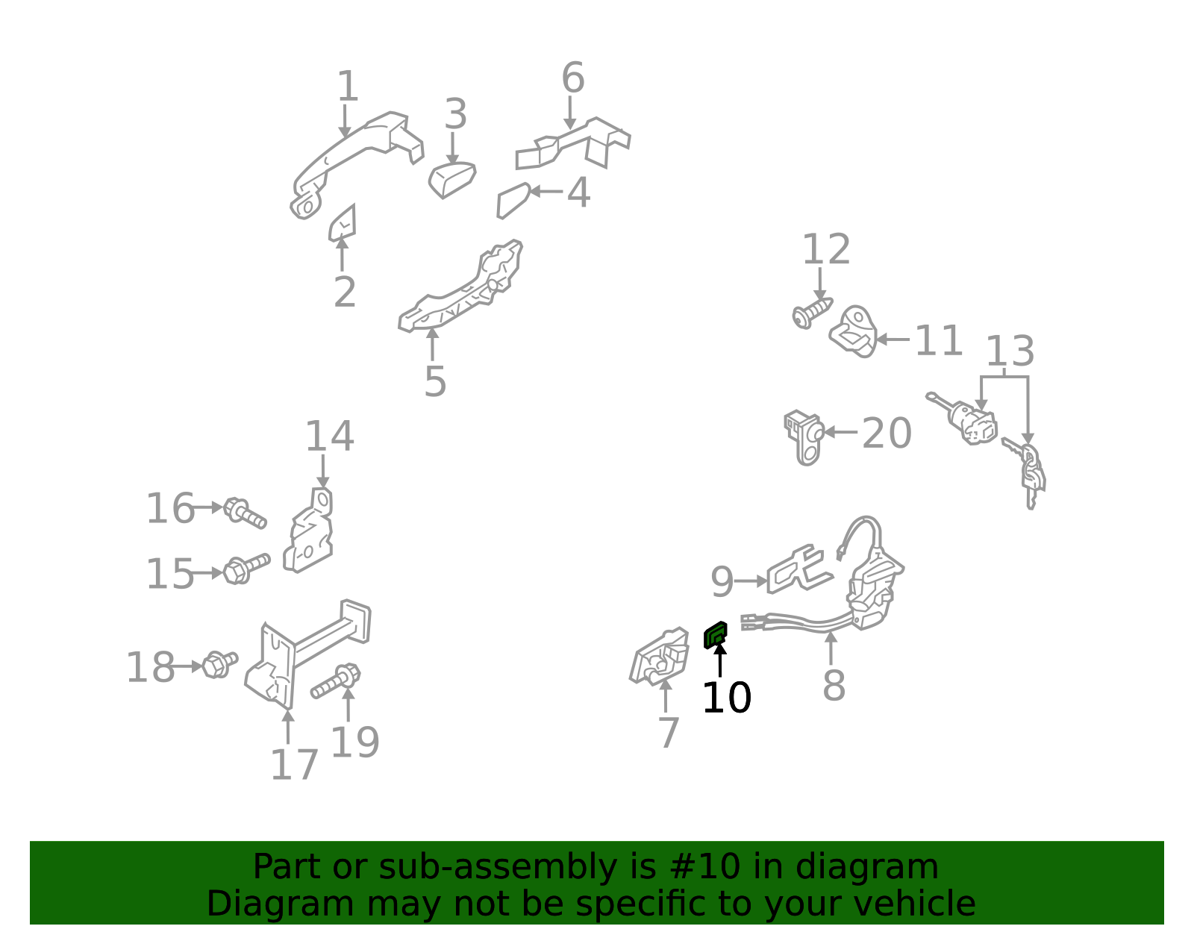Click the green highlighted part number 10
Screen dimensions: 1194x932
716,635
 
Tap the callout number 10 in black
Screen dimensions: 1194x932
726,698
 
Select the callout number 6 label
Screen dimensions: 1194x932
573,78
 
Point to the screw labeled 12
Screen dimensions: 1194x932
813,313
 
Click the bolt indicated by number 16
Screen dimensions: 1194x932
245,513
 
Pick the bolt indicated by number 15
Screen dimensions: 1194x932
247,569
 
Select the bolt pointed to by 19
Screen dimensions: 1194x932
336,681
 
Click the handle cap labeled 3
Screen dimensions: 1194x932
451,180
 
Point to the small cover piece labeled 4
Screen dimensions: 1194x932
513,201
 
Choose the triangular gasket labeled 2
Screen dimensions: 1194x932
343,223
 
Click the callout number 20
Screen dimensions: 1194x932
887,434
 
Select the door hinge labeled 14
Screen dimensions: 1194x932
308,530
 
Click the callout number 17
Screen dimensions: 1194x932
294,765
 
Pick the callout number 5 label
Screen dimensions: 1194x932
435,381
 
